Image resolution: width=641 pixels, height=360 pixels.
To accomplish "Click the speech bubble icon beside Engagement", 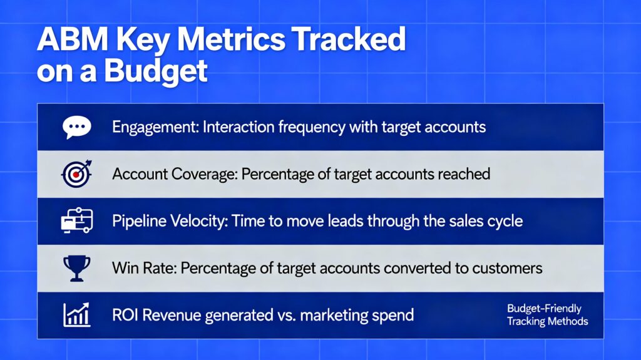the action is pyautogui.click(x=77, y=127).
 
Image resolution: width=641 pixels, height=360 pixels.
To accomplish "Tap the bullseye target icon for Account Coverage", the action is pyautogui.click(x=77, y=174).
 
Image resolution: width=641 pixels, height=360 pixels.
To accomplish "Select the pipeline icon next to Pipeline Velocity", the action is pyautogui.click(x=77, y=220).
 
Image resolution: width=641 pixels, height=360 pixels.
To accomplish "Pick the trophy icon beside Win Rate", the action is pyautogui.click(x=77, y=269).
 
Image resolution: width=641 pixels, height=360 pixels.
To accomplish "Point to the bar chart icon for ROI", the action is pyautogui.click(x=77, y=314).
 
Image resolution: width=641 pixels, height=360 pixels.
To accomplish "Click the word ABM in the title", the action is pyautogui.click(x=73, y=39).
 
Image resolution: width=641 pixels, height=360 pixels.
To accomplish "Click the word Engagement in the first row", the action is pyautogui.click(x=155, y=128).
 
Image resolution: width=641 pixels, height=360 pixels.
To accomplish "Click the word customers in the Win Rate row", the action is pyautogui.click(x=507, y=269).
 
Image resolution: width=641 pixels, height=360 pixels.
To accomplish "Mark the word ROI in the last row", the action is pyautogui.click(x=125, y=316).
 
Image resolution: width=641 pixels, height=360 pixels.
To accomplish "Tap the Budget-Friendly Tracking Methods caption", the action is pyautogui.click(x=547, y=315).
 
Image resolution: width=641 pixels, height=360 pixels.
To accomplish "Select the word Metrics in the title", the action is pyautogui.click(x=231, y=39).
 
